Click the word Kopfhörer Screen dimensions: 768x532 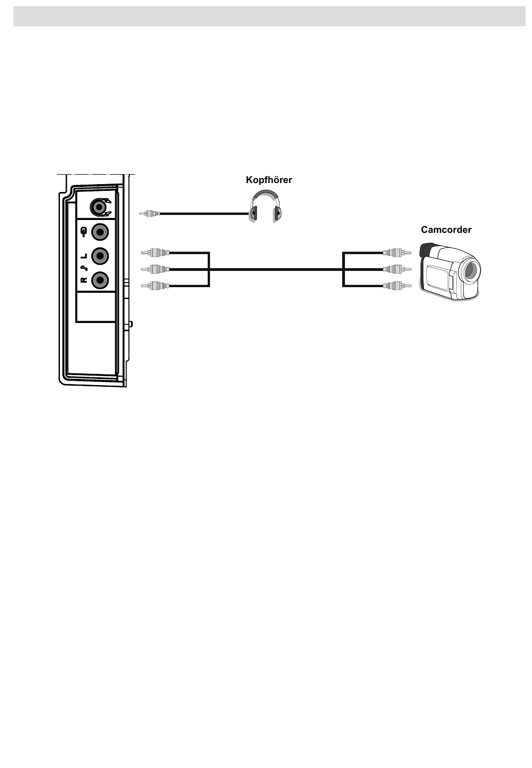269,180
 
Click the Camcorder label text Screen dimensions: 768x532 446,230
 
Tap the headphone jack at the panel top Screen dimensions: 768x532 100,207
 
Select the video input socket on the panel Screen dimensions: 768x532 100,231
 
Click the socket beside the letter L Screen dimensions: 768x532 100,256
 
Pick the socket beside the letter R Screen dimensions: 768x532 100,280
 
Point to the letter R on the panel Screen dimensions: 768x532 84,280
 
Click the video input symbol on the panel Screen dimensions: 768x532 84,231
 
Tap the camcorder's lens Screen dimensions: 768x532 470,271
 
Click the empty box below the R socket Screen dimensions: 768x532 96,307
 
